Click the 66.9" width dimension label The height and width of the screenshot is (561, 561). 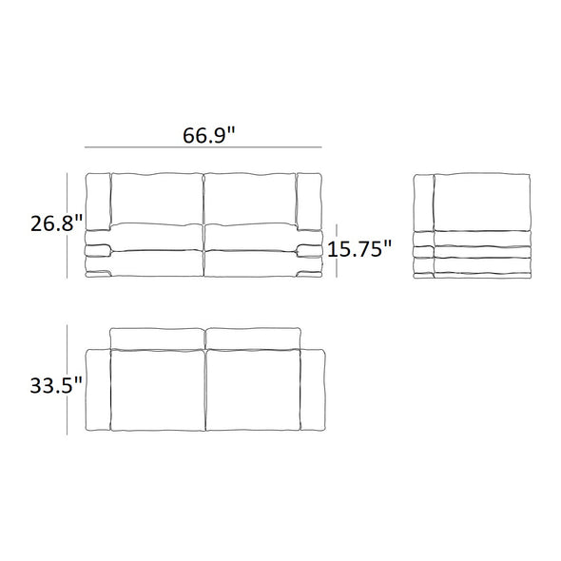coord(209,136)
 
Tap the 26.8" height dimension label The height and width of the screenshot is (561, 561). coord(56,223)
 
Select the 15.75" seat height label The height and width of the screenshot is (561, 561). coord(359,249)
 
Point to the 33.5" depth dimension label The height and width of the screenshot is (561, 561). coord(56,386)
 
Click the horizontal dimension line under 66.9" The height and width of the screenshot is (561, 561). coord(203,147)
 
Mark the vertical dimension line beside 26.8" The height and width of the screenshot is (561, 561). coord(67,225)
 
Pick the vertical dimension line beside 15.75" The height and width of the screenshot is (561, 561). coord(337,250)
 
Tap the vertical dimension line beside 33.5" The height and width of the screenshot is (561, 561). coord(67,379)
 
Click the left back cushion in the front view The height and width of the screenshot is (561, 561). coord(157,200)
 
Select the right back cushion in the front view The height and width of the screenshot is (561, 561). coord(250,200)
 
